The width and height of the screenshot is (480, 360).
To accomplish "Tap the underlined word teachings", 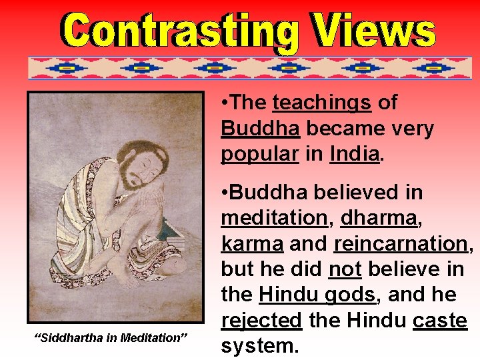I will coord(322,103).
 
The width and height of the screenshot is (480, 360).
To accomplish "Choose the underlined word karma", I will coord(252,243).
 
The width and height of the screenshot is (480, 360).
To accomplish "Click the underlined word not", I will coord(345,269).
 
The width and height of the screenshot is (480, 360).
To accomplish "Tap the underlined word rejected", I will coord(261,321).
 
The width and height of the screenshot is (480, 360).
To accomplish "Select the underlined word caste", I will coord(440,321).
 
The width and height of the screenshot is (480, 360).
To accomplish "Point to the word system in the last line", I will coord(261,347).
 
